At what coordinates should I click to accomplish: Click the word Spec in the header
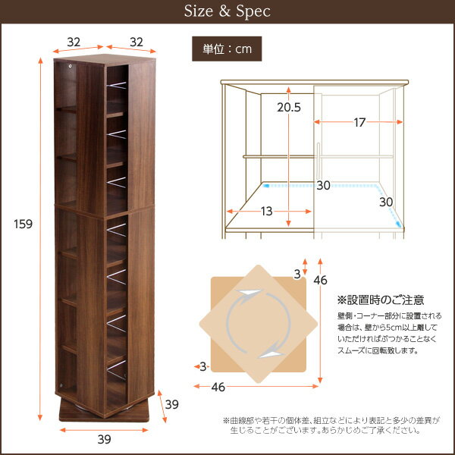pyautogui.click(x=251, y=12)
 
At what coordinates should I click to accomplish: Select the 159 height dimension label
pyautogui.click(x=22, y=224)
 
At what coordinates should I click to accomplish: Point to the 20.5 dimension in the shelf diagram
pyautogui.click(x=289, y=108)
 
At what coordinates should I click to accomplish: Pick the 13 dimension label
pyautogui.click(x=265, y=211)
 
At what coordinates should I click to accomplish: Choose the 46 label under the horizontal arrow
pyautogui.click(x=218, y=387)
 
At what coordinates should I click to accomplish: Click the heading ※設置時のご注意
pyautogui.click(x=380, y=300)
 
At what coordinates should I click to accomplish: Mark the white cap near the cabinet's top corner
pyautogui.click(x=72, y=67)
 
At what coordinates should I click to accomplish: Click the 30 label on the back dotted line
pyautogui.click(x=324, y=185)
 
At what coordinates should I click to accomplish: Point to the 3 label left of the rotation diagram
pyautogui.click(x=202, y=367)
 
